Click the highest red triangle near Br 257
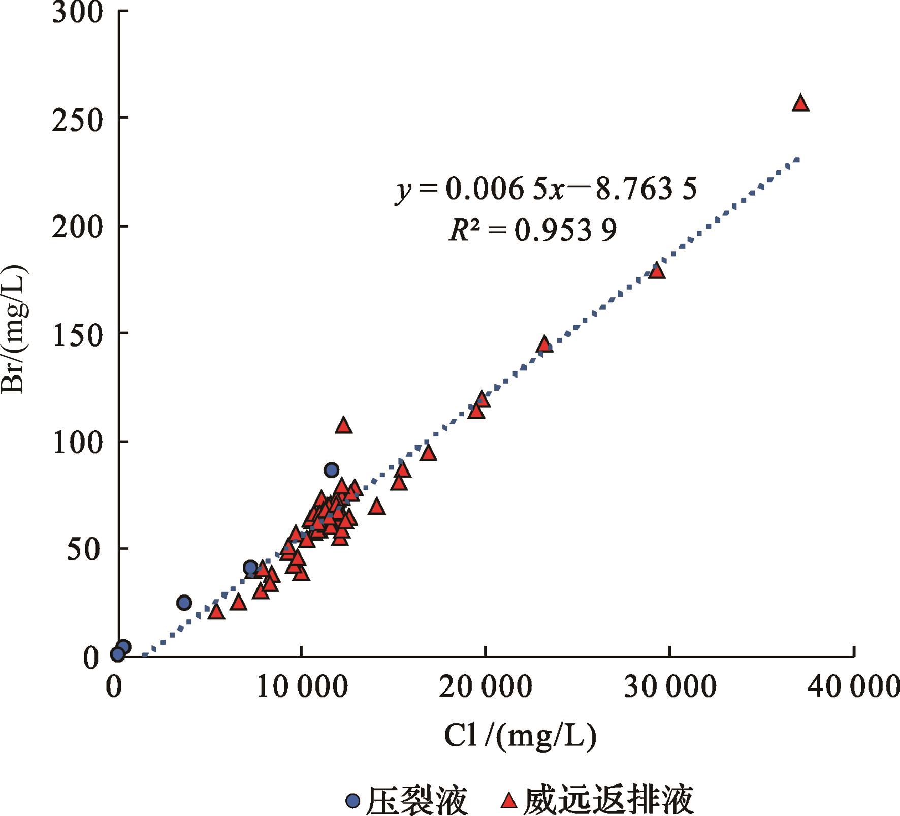(x=800, y=104)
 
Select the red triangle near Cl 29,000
(x=657, y=272)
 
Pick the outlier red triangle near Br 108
(x=344, y=426)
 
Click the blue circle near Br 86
(x=332, y=470)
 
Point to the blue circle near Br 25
(x=184, y=603)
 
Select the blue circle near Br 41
(x=250, y=568)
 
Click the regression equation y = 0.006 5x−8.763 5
(x=546, y=190)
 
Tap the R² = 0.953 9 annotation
(x=533, y=231)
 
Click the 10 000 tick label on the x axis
(x=302, y=687)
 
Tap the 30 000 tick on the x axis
(x=670, y=687)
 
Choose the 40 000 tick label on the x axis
(x=853, y=687)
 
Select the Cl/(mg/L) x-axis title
(x=520, y=736)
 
